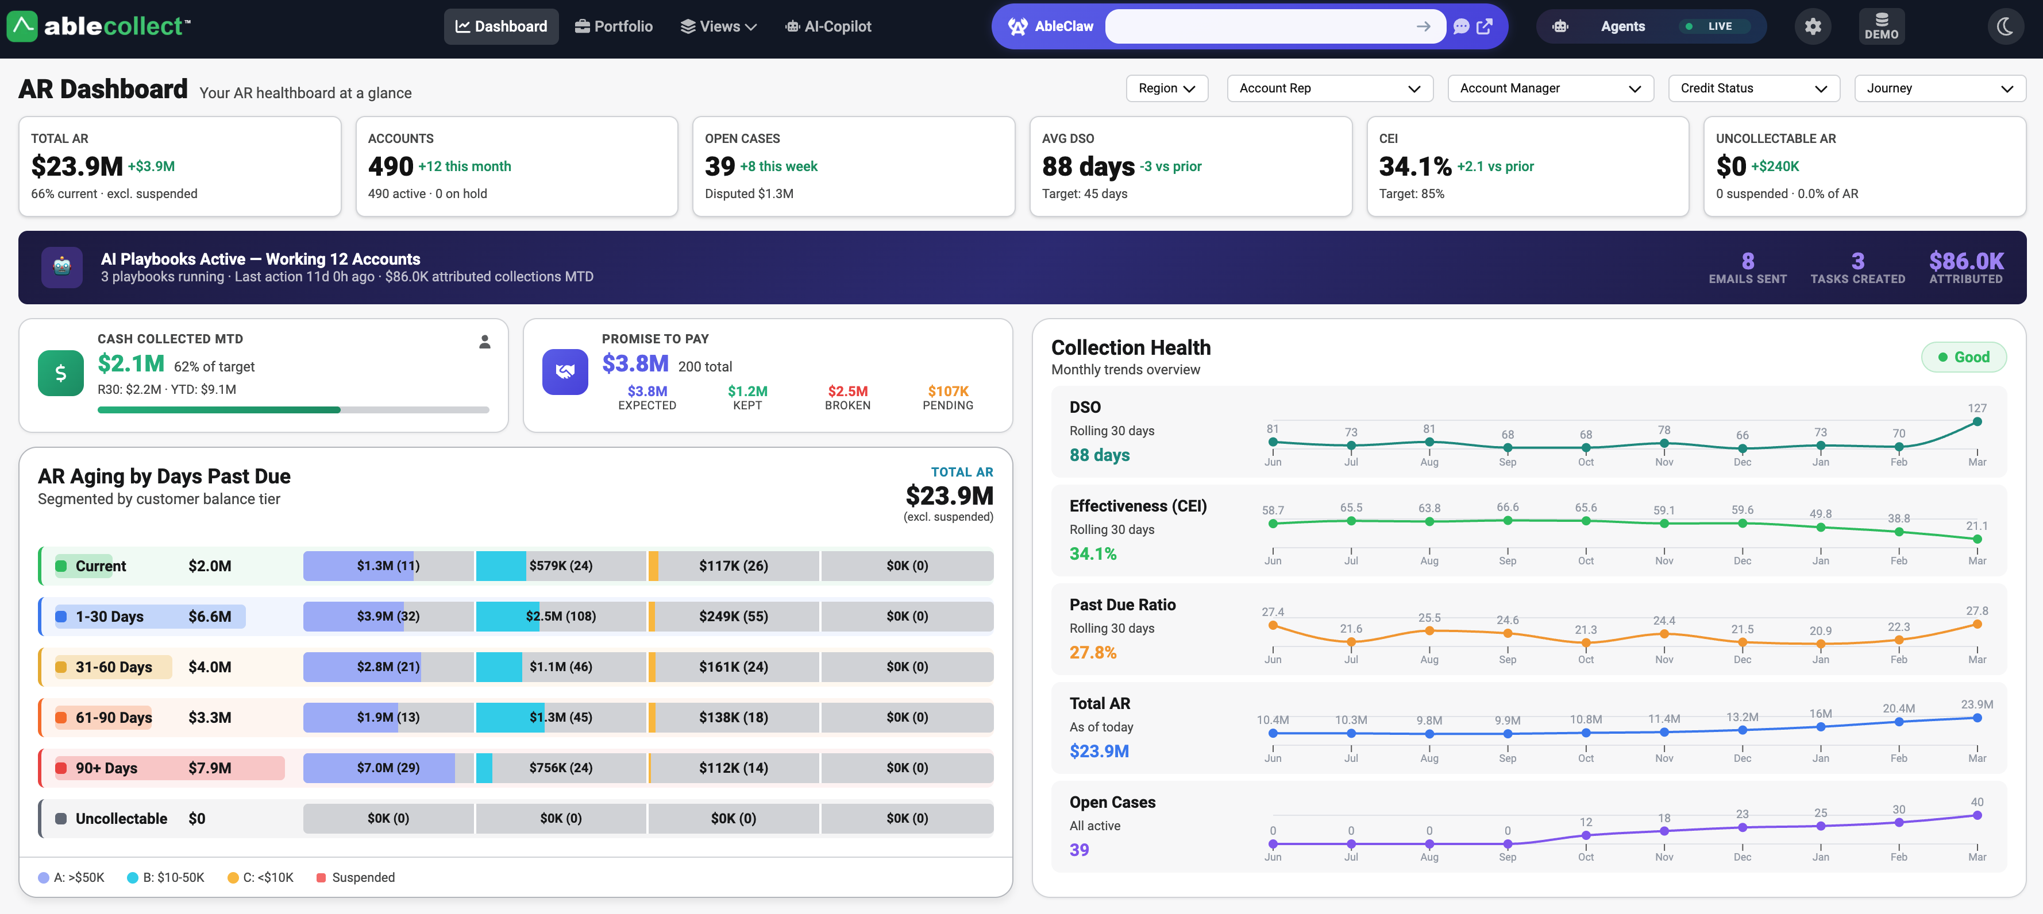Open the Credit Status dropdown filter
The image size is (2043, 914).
coord(1753,88)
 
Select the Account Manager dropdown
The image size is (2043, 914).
coord(1549,88)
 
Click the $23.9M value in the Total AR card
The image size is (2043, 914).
coord(77,166)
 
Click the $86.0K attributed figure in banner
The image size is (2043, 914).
coord(1965,261)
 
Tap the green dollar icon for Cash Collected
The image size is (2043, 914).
coord(60,373)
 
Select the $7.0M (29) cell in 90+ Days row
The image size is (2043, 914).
coord(388,768)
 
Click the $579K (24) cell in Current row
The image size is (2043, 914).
coord(560,565)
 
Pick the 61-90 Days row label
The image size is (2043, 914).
coord(113,718)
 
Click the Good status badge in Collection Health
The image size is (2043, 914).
coord(1963,357)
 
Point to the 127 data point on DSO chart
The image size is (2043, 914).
coord(1976,422)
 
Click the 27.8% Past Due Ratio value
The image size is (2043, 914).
coord(1092,652)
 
